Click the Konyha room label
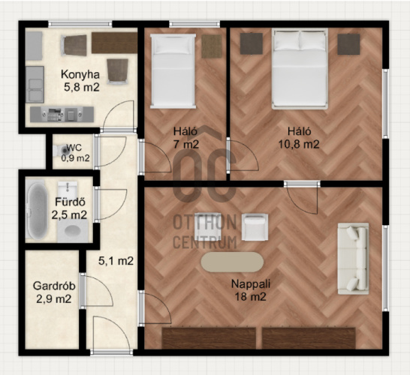[x=80, y=75]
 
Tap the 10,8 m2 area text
[x=299, y=144]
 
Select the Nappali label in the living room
[x=251, y=283]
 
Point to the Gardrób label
[x=54, y=286]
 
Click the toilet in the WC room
[x=61, y=151]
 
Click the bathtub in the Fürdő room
[x=37, y=211]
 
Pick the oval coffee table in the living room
[x=232, y=262]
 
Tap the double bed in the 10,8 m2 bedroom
[x=300, y=69]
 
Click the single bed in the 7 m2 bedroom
[x=173, y=71]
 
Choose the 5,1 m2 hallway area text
[x=116, y=261]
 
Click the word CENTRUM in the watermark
[x=205, y=242]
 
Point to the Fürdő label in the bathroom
[x=70, y=202]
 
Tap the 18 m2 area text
[x=251, y=297]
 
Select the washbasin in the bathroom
[x=68, y=188]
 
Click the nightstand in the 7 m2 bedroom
[x=212, y=46]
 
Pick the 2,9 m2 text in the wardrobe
[x=54, y=299]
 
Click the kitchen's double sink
[x=35, y=84]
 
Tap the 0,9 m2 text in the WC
[x=75, y=158]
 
